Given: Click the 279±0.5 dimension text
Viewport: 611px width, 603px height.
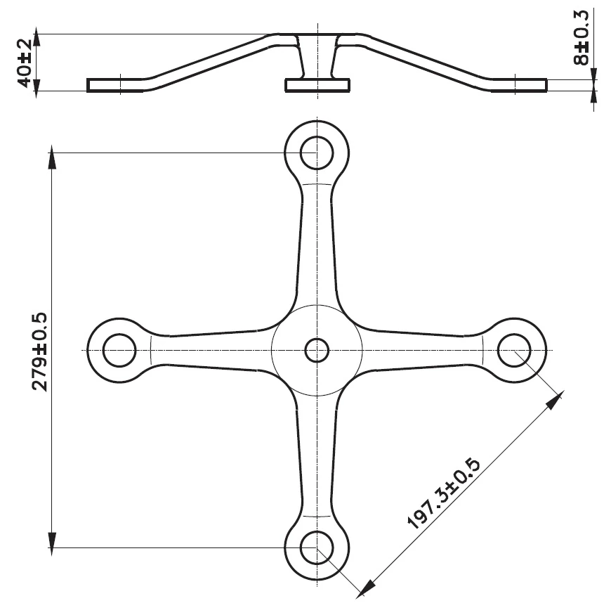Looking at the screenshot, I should (x=39, y=352).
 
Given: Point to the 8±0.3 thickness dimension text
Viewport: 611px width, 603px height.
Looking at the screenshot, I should (x=582, y=46).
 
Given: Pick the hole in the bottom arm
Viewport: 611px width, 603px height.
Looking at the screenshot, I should (x=317, y=546).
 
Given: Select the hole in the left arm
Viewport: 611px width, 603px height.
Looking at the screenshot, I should (x=119, y=350).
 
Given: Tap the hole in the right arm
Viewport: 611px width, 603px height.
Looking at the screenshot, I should (x=514, y=350).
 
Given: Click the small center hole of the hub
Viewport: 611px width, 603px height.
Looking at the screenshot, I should (x=317, y=350).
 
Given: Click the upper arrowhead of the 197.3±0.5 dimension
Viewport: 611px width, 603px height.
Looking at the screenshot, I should (x=556, y=400).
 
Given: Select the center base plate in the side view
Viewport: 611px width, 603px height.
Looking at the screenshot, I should (x=317, y=85).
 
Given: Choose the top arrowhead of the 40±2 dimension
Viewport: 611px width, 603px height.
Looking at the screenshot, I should (x=37, y=39).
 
